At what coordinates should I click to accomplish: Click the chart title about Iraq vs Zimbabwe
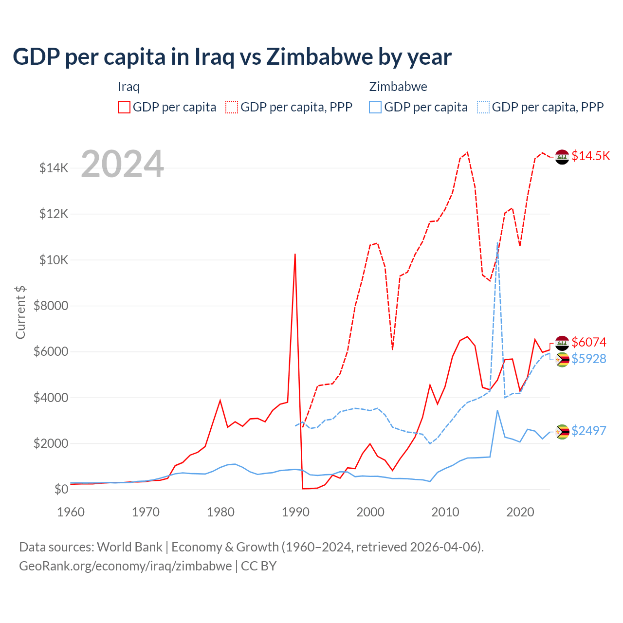click(232, 57)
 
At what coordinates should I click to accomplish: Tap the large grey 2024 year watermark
click(122, 164)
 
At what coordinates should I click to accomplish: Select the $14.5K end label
click(590, 156)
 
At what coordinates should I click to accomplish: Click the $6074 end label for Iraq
click(589, 342)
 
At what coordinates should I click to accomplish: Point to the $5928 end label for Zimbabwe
click(589, 359)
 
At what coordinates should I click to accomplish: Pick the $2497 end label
click(589, 431)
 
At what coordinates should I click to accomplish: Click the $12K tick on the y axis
click(54, 214)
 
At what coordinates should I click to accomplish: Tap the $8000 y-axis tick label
click(51, 306)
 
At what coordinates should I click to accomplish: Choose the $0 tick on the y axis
click(61, 489)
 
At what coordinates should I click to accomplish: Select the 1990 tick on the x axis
click(295, 512)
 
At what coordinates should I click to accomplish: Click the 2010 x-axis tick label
click(445, 512)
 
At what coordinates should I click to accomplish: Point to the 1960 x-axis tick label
click(71, 512)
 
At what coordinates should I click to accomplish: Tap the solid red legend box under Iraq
click(124, 107)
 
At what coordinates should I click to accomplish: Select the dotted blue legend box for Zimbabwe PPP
click(483, 107)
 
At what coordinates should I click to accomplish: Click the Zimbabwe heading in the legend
click(398, 87)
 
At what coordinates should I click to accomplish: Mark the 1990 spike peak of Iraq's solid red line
click(295, 254)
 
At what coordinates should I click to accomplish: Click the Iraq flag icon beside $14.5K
click(562, 157)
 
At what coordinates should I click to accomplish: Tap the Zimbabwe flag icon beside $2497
click(562, 432)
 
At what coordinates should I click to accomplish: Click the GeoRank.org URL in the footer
click(126, 566)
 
